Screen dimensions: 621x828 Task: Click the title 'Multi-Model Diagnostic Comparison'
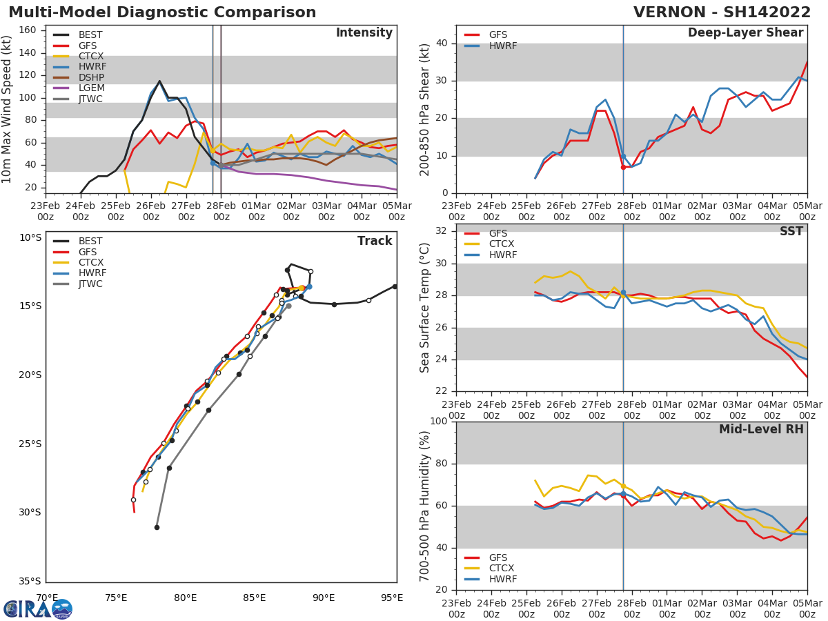point(162,12)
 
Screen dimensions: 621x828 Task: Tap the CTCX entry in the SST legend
point(501,244)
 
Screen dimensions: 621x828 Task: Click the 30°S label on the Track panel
point(30,513)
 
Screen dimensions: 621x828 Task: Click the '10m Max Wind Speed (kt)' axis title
point(8,109)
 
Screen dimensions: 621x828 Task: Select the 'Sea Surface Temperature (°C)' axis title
point(426,307)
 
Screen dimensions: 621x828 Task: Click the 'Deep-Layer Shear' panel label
point(745,33)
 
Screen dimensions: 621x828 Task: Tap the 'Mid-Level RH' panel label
point(761,429)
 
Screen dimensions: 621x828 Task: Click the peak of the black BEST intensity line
point(159,81)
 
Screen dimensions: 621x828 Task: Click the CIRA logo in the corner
point(38,609)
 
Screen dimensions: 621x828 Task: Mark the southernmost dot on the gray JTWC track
point(157,527)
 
